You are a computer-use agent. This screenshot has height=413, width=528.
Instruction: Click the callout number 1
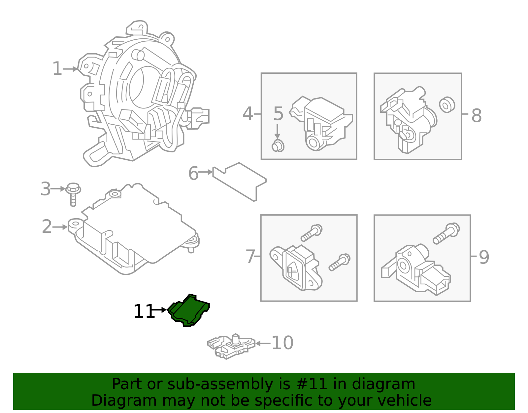click(57, 69)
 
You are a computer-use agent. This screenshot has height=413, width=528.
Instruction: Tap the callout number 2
click(47, 227)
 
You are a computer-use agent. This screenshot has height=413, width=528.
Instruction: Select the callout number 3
click(46, 189)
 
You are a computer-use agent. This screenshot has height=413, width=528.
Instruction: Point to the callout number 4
click(247, 114)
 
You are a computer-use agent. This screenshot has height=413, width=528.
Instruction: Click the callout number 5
click(278, 114)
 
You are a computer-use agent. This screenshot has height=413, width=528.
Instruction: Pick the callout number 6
click(193, 173)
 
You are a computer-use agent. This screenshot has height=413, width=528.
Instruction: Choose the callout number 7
click(250, 257)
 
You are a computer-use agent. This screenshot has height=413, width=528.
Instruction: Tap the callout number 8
click(477, 116)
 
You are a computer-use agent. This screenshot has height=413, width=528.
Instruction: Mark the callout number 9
click(484, 257)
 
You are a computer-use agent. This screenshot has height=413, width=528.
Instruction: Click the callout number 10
click(282, 343)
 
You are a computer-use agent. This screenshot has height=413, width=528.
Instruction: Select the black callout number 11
click(144, 311)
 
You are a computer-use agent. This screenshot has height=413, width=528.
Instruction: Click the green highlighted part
click(189, 310)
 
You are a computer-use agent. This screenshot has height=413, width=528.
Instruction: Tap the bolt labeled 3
click(73, 193)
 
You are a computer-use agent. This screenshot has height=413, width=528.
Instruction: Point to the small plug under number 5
click(278, 146)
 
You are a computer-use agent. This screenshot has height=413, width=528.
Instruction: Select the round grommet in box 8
click(447, 105)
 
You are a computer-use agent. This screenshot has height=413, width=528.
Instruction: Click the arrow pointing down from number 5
click(278, 131)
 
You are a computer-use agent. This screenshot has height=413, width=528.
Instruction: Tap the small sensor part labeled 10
click(231, 346)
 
